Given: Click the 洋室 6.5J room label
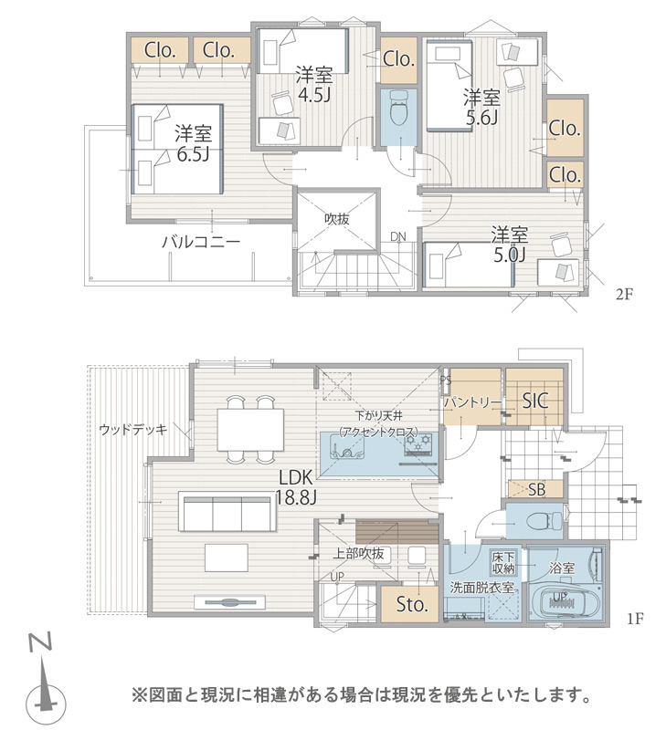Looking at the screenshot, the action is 193,143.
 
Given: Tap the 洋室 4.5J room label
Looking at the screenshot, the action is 314,84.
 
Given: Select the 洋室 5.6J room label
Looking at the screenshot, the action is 481,108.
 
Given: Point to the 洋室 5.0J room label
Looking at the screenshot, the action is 510,245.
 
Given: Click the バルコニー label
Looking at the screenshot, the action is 201,242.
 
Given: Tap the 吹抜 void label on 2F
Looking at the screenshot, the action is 336,219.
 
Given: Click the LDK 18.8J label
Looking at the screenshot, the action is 295,487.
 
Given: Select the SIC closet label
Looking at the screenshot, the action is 535,401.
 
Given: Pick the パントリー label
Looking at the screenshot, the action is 472,402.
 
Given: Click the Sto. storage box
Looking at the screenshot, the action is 410,604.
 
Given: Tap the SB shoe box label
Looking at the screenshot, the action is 537,489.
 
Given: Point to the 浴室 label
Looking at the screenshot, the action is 562,568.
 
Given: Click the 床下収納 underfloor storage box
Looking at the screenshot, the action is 502,562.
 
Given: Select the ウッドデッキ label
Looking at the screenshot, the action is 132,429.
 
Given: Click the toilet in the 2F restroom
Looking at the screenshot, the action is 398,108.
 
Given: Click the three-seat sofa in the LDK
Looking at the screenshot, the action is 227,513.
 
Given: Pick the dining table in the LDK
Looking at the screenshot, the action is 250,430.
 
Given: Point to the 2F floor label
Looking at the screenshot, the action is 624,294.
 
